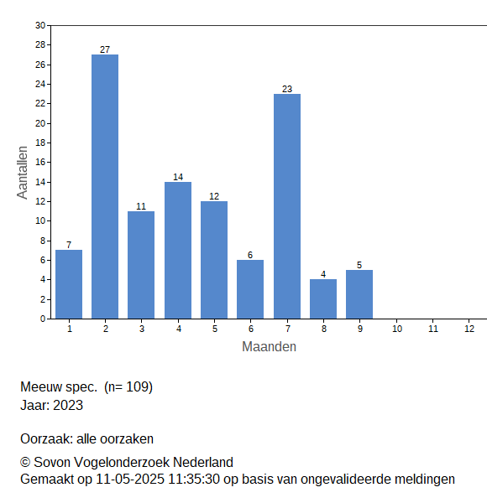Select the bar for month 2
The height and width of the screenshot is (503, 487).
click(x=105, y=187)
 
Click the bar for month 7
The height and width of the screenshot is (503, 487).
click(x=287, y=206)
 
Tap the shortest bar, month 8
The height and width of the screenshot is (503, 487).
click(x=323, y=299)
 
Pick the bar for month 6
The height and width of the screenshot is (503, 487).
click(x=250, y=289)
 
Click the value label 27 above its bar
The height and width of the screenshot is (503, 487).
click(x=105, y=49)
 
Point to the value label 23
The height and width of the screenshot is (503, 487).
click(x=287, y=89)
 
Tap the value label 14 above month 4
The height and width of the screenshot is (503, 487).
click(x=178, y=177)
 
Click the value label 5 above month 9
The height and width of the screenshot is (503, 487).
click(x=359, y=265)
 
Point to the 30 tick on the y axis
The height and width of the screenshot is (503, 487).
click(x=40, y=25)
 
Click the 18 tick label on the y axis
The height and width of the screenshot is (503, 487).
click(x=40, y=143)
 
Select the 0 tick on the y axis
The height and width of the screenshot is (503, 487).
click(x=43, y=319)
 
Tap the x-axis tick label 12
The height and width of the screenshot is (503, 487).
click(x=469, y=329)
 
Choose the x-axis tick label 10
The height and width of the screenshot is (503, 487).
click(x=397, y=329)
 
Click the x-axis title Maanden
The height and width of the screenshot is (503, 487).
click(x=269, y=347)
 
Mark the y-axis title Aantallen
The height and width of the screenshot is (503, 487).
click(x=23, y=173)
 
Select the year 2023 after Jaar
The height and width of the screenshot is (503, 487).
click(x=68, y=405)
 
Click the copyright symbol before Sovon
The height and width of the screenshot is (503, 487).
click(x=25, y=462)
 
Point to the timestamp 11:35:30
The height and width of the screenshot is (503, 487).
click(x=194, y=480)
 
